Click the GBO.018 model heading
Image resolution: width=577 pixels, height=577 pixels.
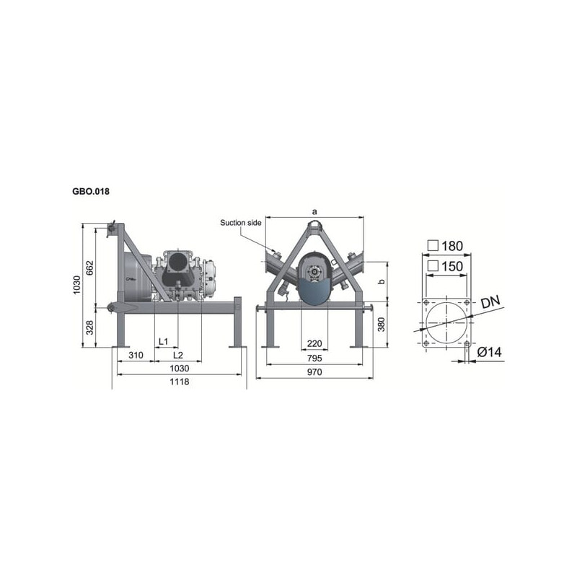pyautogui.click(x=91, y=191)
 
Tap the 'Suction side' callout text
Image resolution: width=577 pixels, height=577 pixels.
pyautogui.click(x=241, y=223)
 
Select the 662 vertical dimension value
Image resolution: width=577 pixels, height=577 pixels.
pyautogui.click(x=90, y=268)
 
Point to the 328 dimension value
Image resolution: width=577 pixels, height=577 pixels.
pyautogui.click(x=89, y=327)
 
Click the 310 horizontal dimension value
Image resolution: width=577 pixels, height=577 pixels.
pyautogui.click(x=136, y=355)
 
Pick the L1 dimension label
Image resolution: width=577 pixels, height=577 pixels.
pyautogui.click(x=164, y=341)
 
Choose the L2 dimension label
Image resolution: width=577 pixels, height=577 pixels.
pyautogui.click(x=178, y=355)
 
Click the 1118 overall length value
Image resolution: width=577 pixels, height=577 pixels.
pyautogui.click(x=180, y=382)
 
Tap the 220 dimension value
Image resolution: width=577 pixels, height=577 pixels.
pyautogui.click(x=314, y=343)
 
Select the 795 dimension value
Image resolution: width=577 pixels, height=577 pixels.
pyautogui.click(x=314, y=358)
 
